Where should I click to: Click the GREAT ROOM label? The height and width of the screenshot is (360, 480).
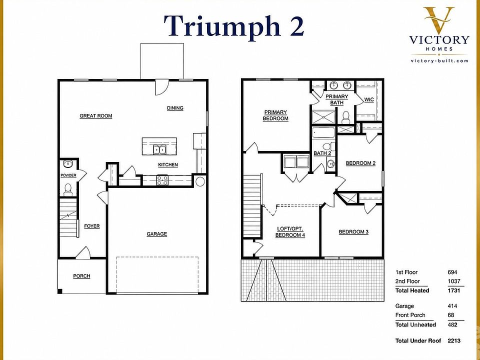(x=96, y=116)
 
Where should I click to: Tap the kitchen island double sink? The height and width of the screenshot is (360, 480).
(x=159, y=149)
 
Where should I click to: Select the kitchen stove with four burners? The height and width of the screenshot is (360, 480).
(x=162, y=180)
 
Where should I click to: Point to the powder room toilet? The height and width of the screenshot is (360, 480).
(x=67, y=189)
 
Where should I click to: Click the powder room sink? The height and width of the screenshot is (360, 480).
(x=67, y=164)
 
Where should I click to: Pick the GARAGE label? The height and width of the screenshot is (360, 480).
(x=156, y=234)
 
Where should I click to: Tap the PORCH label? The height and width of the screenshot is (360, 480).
(x=81, y=276)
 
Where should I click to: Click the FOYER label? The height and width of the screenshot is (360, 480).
(x=92, y=226)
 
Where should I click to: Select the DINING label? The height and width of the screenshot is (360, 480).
(x=175, y=108)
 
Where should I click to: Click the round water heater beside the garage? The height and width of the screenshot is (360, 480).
(x=200, y=181)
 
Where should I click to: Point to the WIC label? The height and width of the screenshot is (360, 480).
(x=369, y=100)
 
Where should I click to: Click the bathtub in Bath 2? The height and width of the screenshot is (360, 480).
(x=323, y=133)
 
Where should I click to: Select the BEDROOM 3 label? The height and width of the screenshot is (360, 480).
(x=353, y=232)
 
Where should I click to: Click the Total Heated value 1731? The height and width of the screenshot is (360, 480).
(x=453, y=290)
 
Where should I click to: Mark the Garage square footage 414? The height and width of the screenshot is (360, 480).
(x=452, y=306)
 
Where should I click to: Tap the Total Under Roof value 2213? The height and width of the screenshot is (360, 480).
(x=454, y=340)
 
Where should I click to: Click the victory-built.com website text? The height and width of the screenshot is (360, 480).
(x=439, y=60)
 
